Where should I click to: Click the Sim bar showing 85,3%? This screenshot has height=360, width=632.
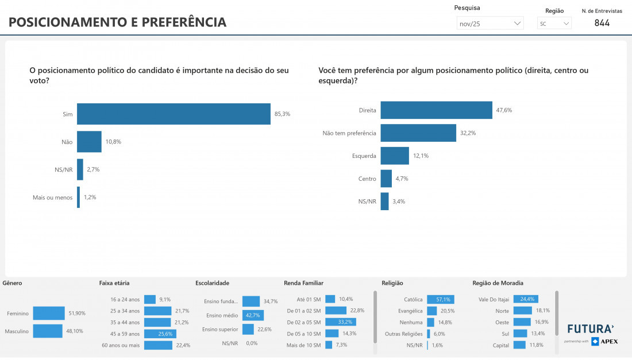[x=174, y=114]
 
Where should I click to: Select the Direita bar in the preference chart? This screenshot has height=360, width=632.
[x=436, y=110]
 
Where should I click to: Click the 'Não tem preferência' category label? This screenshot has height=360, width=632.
[x=349, y=133]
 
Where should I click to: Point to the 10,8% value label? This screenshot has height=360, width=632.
[x=113, y=142]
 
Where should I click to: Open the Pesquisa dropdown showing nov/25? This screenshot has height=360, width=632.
[x=490, y=24]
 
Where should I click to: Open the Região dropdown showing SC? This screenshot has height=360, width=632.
[x=554, y=24]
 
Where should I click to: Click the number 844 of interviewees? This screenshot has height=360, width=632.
[x=602, y=23]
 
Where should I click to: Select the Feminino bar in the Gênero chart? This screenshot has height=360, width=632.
[x=49, y=313]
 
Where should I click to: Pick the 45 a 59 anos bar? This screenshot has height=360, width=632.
[x=160, y=334]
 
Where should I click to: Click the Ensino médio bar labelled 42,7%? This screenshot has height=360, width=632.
[x=253, y=315]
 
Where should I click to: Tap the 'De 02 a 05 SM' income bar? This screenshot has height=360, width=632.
[x=340, y=322]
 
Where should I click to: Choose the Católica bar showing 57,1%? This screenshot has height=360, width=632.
[x=440, y=299]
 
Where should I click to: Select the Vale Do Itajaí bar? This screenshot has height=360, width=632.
[x=525, y=299]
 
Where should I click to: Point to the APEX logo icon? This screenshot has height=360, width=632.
[x=595, y=342]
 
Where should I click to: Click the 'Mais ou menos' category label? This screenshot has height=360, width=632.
[x=52, y=198]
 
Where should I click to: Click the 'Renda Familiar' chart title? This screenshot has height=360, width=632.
[x=303, y=283]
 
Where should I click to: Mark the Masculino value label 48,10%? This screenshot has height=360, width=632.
[x=76, y=331]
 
